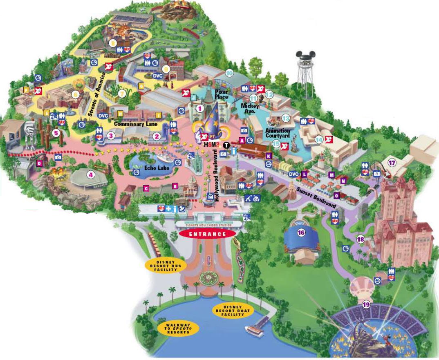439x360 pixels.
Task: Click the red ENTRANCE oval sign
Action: point(207,234)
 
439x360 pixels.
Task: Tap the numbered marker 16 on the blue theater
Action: point(301,233)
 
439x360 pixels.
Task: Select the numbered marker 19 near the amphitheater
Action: point(366,304)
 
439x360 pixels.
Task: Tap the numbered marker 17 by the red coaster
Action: point(392,162)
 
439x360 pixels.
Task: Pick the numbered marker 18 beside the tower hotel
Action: point(360,239)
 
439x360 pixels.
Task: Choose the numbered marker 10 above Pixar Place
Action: point(229,74)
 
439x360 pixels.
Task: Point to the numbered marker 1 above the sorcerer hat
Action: point(199,108)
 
